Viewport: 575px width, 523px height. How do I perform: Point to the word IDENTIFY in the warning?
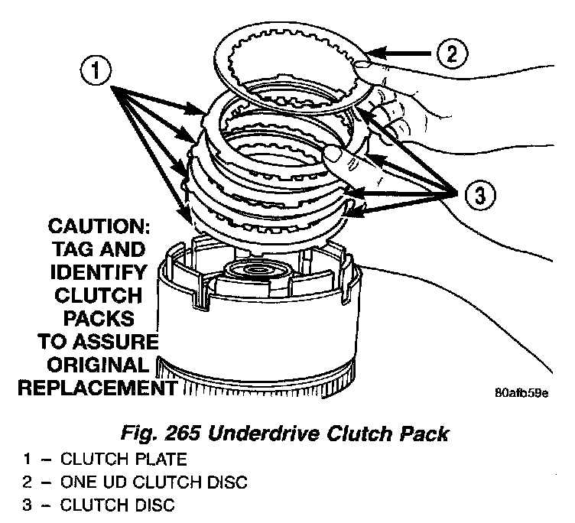96,272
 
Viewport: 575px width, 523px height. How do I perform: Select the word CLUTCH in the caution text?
96,295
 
